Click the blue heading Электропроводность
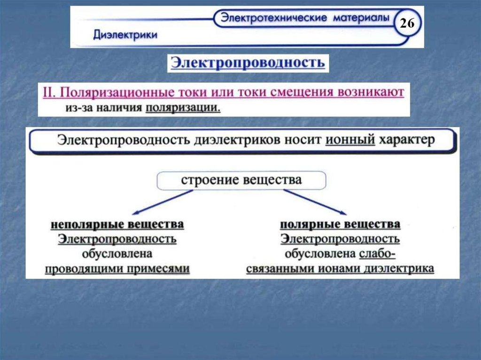(x=248, y=63)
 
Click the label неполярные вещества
(x=117, y=224)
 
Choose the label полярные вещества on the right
(x=340, y=224)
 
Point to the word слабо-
(x=378, y=254)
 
